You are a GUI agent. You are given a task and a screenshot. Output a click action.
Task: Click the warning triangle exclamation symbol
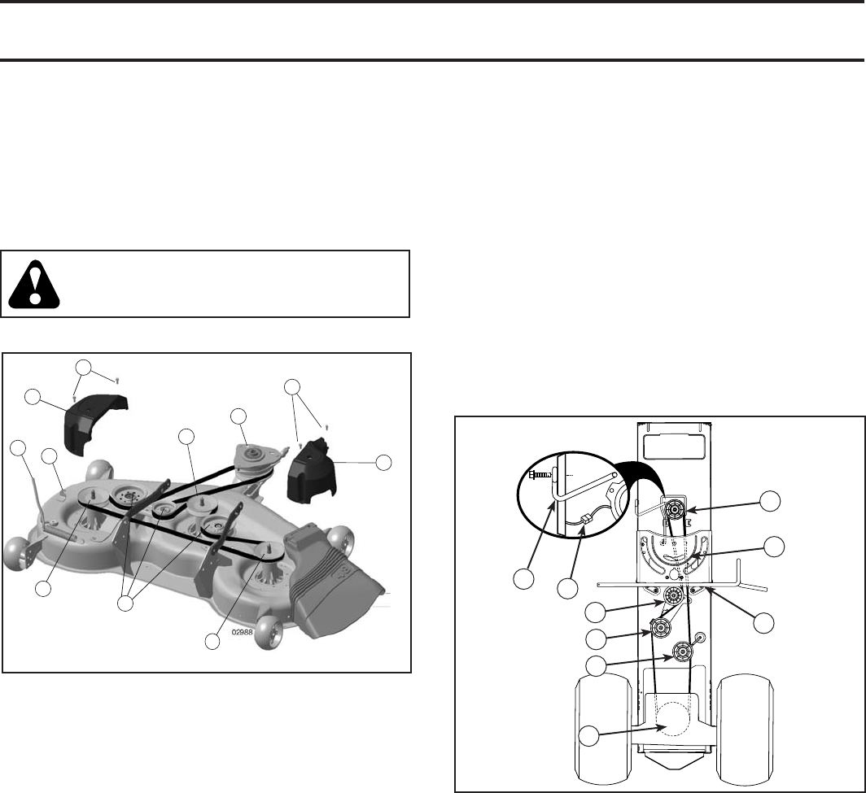click(x=34, y=284)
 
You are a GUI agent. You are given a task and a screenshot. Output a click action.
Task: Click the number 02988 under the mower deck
click(x=243, y=633)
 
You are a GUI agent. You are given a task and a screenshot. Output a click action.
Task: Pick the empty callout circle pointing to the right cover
click(x=383, y=463)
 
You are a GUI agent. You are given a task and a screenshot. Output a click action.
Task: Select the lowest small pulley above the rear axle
click(x=683, y=652)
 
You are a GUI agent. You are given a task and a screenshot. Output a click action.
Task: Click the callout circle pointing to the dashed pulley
click(x=589, y=736)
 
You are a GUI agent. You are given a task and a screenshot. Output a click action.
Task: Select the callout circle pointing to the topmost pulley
click(x=770, y=501)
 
